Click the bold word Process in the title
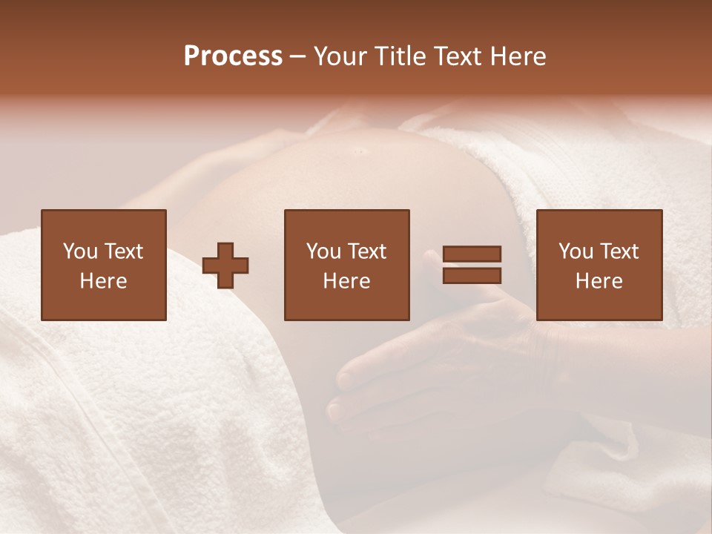(x=233, y=56)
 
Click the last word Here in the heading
(x=517, y=56)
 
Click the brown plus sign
(x=225, y=265)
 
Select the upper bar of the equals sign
(x=472, y=254)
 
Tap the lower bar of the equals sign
(x=472, y=276)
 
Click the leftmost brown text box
(x=104, y=265)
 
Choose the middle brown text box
(x=347, y=265)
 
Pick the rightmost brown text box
(x=599, y=265)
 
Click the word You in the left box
(x=80, y=251)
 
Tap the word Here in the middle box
(x=347, y=281)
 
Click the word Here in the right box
(x=599, y=281)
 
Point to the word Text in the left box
(x=123, y=251)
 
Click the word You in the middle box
(x=323, y=251)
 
